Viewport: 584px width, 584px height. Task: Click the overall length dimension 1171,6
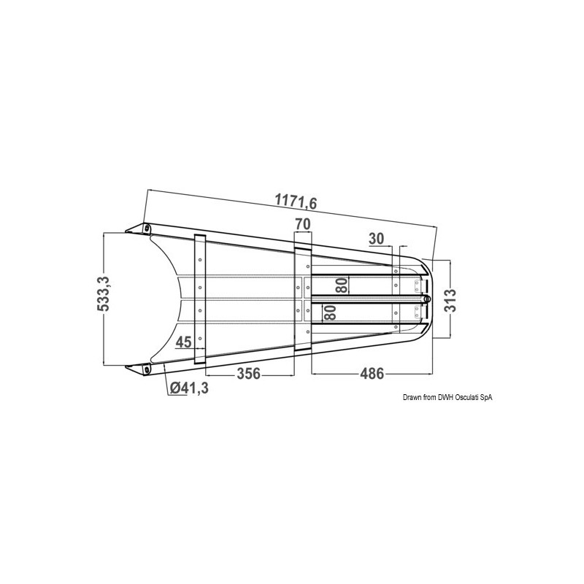tap(296, 201)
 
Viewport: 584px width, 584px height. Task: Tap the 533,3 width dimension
tap(103, 294)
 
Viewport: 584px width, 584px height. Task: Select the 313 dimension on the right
tap(450, 300)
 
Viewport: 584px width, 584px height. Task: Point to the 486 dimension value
tap(372, 373)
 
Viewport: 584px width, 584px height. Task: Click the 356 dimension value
tap(248, 373)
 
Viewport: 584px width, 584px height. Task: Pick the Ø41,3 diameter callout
tap(189, 388)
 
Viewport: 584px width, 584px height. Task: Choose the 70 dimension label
tap(303, 224)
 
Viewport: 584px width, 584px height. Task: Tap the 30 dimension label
tap(376, 239)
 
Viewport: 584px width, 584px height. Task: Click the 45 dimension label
tap(183, 342)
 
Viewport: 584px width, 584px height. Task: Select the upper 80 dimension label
tap(342, 285)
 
